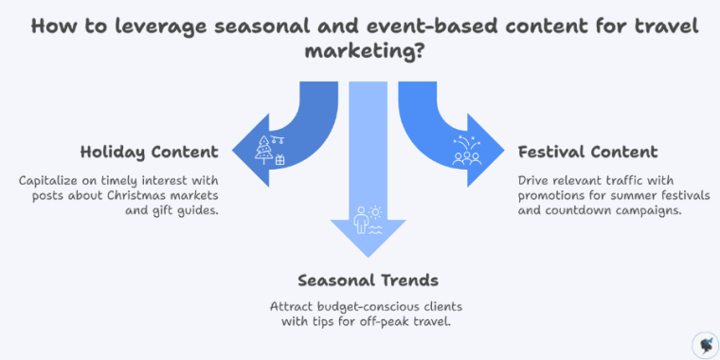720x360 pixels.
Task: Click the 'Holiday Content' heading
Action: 149,152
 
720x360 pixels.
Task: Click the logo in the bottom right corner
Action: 705,344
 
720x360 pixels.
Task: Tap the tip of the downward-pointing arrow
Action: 364,257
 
